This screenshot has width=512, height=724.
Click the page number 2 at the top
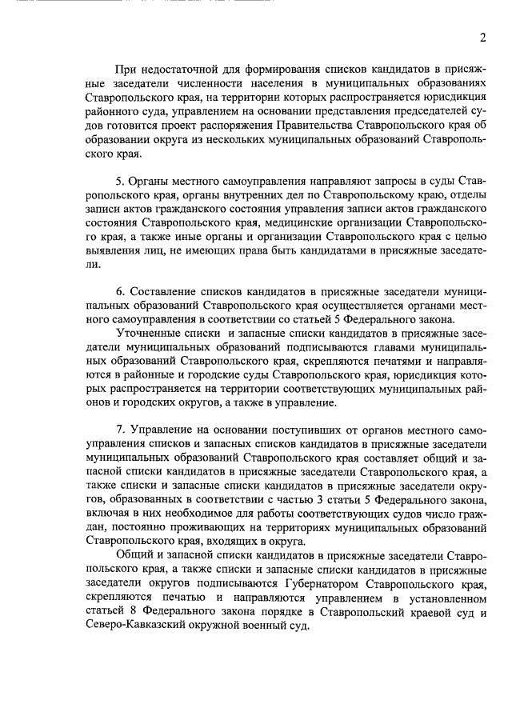pyautogui.click(x=482, y=38)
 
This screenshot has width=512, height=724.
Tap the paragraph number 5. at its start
pyautogui.click(x=120, y=183)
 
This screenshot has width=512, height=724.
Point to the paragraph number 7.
pyautogui.click(x=120, y=430)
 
